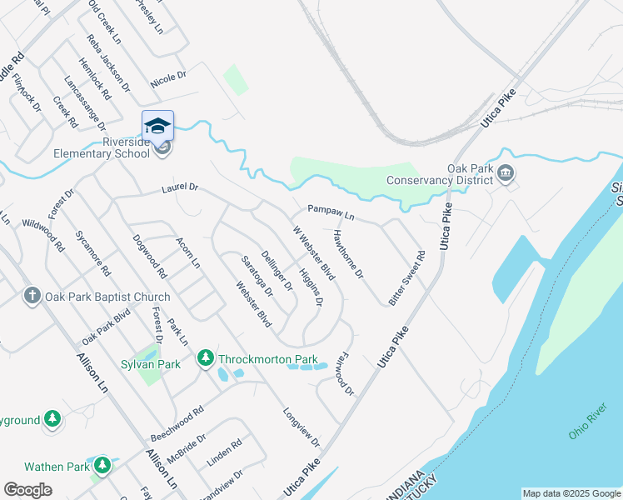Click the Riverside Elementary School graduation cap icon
coord(157,126)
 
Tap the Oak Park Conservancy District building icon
coord(506,175)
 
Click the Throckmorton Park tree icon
coord(205,358)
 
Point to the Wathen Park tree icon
coord(102,465)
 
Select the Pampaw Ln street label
coord(331,212)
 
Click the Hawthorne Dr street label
coord(348,253)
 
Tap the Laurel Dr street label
coord(181,190)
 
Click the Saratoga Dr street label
coord(258,275)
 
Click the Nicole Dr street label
coord(168,78)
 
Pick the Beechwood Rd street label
coord(177,425)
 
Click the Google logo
coord(27,490)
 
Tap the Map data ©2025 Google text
coord(571,493)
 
